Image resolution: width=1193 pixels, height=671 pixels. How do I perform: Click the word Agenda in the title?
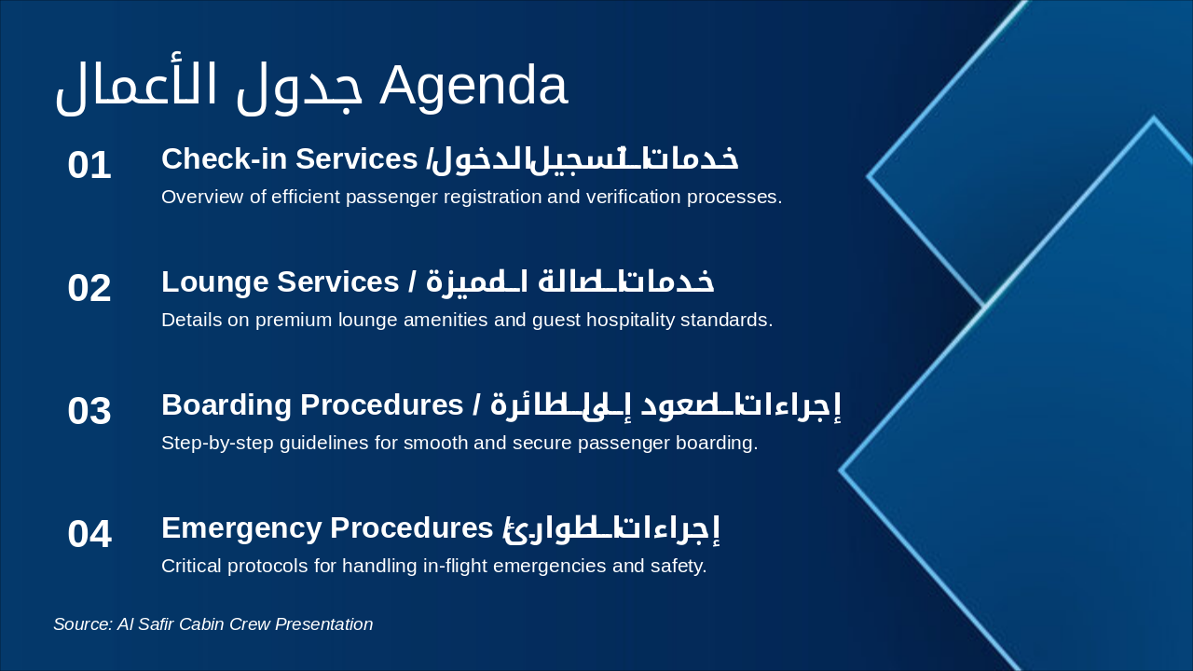[x=473, y=86]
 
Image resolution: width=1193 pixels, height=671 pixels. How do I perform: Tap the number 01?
[x=89, y=166]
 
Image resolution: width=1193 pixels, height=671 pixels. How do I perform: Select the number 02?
[x=89, y=289]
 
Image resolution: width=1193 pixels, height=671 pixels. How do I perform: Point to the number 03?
[x=89, y=412]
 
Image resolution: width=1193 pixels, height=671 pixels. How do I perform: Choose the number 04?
[x=89, y=535]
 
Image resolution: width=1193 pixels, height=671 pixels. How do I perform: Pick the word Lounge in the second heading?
[x=213, y=282]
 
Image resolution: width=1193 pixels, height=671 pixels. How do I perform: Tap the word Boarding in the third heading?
[x=223, y=405]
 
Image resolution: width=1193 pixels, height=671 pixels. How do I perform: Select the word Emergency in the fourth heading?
[x=241, y=528]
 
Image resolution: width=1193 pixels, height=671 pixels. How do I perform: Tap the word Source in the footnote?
[x=81, y=624]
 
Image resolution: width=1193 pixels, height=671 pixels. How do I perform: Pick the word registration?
[x=477, y=198]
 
